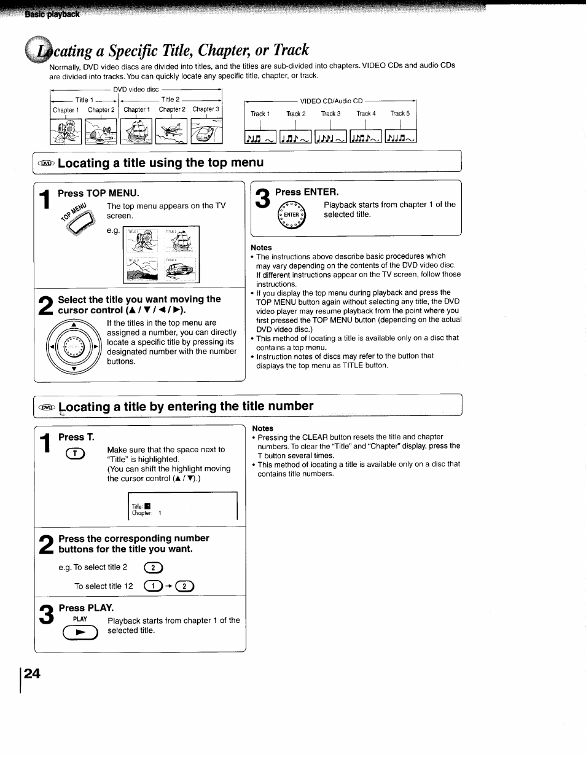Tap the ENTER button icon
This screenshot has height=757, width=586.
(291, 215)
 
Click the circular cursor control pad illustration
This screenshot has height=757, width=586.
(74, 348)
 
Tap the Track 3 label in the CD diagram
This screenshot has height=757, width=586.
(330, 114)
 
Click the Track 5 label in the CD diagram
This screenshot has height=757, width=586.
(400, 114)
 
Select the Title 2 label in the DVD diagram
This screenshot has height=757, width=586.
(170, 100)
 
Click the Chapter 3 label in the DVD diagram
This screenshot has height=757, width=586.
(205, 109)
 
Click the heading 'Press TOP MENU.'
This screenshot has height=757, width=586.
(98, 193)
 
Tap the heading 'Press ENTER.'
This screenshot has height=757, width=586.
(307, 192)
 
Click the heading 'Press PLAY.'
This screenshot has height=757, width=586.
(86, 608)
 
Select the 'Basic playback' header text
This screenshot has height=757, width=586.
(52, 14)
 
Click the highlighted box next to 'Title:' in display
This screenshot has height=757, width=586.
(147, 507)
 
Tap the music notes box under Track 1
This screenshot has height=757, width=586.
(260, 137)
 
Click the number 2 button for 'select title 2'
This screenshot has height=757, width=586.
(152, 568)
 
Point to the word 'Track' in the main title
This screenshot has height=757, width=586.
(286, 50)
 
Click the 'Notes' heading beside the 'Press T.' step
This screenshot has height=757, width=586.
(263, 428)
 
